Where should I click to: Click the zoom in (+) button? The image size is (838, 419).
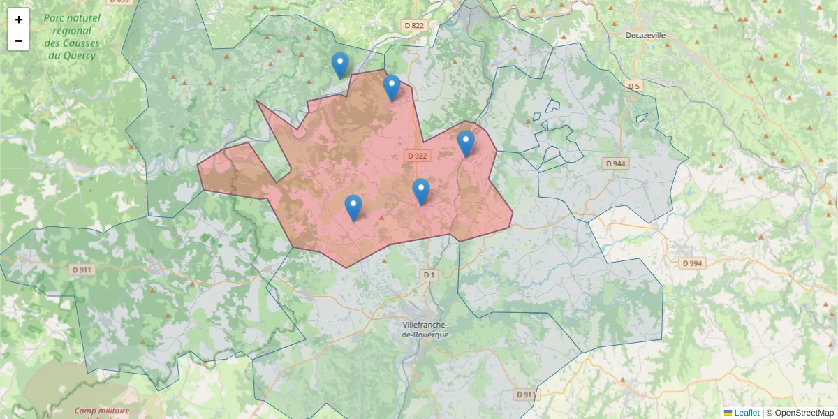(x=19, y=20)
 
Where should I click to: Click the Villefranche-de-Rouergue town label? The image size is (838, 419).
(x=425, y=330)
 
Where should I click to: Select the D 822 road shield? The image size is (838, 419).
(x=414, y=25)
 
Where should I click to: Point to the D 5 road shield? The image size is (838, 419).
(x=633, y=86)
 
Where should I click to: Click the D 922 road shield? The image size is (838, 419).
(x=417, y=156)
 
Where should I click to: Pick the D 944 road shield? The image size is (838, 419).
(x=616, y=163)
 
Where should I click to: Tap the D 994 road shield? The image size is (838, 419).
(x=691, y=263)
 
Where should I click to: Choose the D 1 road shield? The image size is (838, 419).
(x=429, y=275)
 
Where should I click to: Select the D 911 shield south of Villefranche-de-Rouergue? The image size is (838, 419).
(x=527, y=395)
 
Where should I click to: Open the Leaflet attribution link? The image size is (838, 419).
(x=747, y=413)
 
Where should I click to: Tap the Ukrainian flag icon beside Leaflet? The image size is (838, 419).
(x=728, y=413)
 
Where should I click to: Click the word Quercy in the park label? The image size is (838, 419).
(x=78, y=55)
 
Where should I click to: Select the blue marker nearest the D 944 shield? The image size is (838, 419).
(x=466, y=143)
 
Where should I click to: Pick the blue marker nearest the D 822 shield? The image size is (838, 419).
(x=392, y=87)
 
